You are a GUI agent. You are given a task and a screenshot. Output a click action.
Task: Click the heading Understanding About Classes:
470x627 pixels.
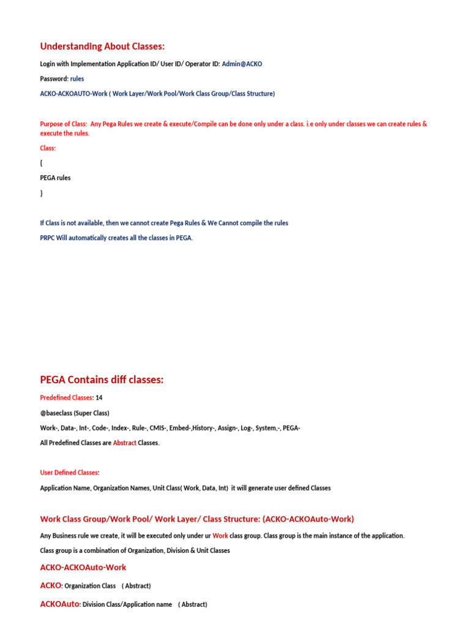coord(102,47)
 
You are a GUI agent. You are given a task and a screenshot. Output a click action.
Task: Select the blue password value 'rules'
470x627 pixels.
coord(77,78)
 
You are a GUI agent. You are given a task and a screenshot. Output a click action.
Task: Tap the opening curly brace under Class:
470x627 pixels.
coord(41,163)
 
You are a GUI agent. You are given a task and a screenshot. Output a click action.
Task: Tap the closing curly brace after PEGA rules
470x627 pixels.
coord(41,193)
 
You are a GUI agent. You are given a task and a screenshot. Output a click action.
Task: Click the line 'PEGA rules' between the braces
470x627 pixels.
coord(55,178)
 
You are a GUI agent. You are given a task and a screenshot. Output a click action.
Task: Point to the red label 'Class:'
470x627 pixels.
coord(48,148)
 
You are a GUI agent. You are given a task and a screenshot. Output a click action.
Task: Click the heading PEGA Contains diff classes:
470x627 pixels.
coord(102,380)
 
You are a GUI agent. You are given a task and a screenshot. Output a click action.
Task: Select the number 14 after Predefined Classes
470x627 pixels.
coord(99,397)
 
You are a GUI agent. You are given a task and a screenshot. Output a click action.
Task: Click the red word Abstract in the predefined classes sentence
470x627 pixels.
coord(124,443)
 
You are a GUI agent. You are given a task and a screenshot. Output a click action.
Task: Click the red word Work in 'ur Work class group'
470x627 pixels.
coord(220,536)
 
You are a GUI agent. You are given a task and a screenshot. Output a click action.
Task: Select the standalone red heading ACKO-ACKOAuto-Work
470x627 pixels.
coord(83,568)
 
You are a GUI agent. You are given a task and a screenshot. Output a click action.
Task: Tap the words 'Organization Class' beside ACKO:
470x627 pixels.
coord(90,586)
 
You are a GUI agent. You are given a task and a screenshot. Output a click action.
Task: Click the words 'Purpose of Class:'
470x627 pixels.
coord(63,124)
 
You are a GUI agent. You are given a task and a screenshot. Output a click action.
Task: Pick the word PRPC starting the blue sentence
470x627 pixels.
coord(48,238)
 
